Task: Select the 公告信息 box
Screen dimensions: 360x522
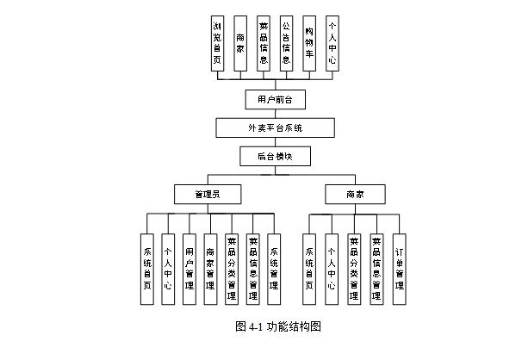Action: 286,44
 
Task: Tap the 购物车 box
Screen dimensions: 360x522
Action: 309,44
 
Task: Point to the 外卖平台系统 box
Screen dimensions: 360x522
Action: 275,128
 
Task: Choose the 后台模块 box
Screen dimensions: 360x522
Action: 275,157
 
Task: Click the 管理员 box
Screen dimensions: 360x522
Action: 206,195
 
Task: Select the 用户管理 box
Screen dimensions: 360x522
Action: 190,269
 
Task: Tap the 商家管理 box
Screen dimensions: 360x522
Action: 211,269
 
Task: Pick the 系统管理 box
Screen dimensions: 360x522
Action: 275,269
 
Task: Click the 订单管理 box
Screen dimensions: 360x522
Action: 399,269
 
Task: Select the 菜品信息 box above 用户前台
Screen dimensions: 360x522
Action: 263,44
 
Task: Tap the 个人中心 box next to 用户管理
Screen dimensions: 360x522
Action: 168,269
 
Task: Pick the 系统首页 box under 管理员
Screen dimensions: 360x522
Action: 147,269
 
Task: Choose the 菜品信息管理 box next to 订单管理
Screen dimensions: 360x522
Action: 376,269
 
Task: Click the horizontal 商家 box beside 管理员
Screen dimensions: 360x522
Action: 354,195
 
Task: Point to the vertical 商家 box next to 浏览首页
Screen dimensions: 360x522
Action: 240,44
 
